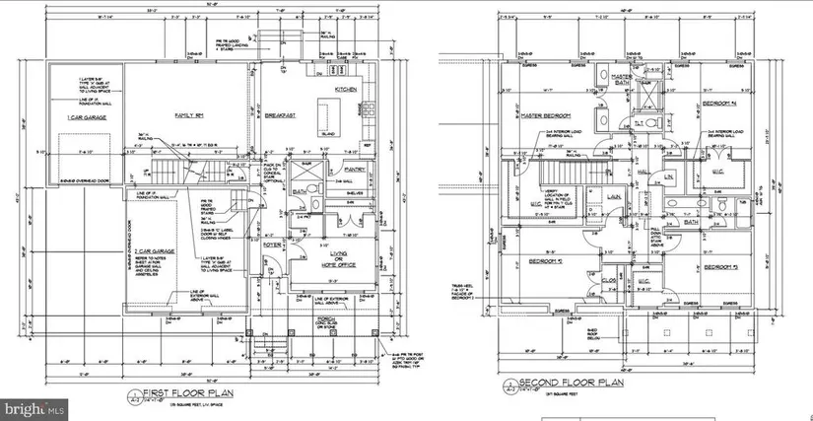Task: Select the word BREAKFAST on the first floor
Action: [x=281, y=115]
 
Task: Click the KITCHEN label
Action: [x=346, y=90]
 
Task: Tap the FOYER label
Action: [x=273, y=244]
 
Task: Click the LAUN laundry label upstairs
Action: [x=612, y=197]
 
